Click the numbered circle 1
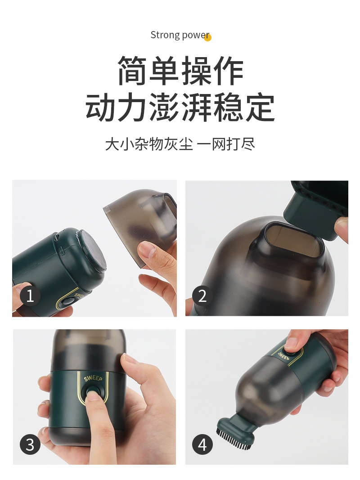coord(30,296)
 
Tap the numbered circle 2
coord(202,296)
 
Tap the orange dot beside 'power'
coord(207,38)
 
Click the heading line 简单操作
coord(180,72)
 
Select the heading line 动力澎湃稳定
coord(180,108)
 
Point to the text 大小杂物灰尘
coord(149,145)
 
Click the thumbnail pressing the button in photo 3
coord(94,396)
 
